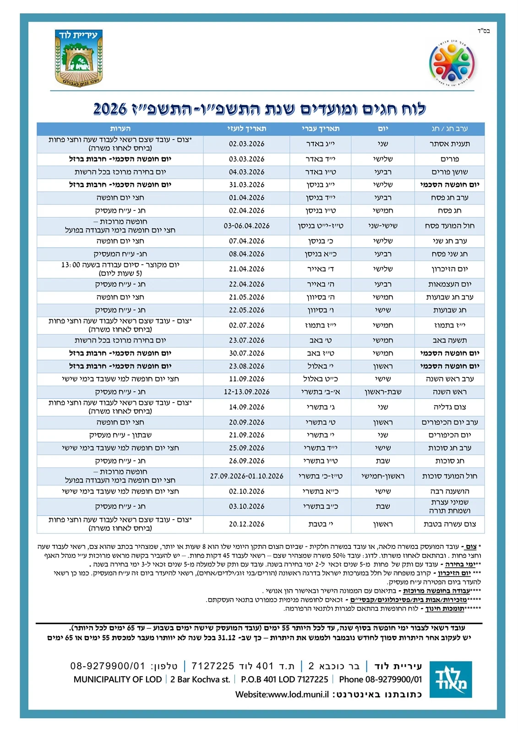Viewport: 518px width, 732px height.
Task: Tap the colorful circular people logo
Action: click(x=452, y=63)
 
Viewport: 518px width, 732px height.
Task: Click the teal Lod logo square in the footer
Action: click(x=451, y=679)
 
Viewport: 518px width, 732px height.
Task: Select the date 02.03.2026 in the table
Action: click(x=246, y=144)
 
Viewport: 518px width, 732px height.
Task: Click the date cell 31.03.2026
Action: click(x=246, y=185)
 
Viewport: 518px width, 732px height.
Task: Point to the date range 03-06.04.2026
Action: click(x=246, y=226)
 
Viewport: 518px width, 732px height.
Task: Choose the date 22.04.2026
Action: click(x=246, y=284)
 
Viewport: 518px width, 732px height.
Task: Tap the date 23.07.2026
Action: click(x=246, y=340)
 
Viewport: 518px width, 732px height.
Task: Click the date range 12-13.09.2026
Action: click(x=246, y=392)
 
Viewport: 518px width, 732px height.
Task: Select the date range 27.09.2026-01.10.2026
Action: click(x=246, y=476)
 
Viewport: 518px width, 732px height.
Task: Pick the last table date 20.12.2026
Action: click(x=246, y=524)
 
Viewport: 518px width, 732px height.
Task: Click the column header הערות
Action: click(x=120, y=129)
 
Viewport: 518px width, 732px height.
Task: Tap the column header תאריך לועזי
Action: click(x=246, y=129)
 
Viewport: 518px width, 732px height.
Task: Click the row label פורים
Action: click(x=449, y=159)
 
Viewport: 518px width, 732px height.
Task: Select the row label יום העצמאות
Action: click(x=449, y=284)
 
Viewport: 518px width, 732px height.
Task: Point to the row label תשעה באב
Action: click(x=449, y=340)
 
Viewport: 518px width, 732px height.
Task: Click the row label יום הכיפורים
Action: click(x=449, y=435)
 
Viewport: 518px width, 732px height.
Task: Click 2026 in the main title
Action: click(x=110, y=109)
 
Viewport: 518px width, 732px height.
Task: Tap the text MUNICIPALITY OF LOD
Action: click(x=118, y=679)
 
